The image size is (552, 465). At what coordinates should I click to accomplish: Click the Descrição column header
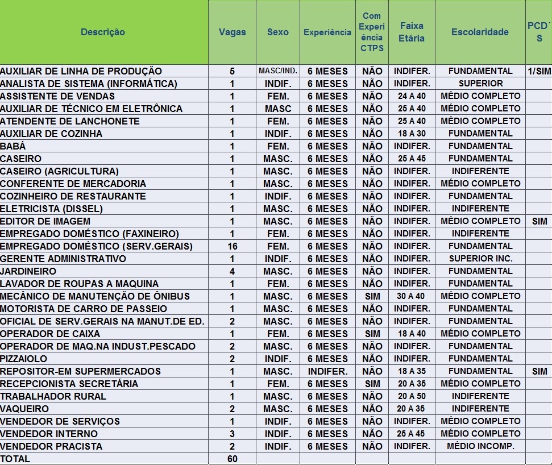coord(103,32)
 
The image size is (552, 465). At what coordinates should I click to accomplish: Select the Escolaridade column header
coord(480,32)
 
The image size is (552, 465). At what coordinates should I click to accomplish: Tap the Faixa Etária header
coord(412,32)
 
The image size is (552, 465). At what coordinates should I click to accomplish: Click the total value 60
coord(233,459)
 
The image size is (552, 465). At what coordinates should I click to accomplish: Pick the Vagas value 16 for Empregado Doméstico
coord(233,246)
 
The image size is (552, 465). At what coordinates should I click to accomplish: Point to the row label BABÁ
coord(13,146)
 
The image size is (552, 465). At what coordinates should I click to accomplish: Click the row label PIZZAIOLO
coord(23,359)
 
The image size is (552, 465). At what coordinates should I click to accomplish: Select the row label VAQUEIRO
coord(24,409)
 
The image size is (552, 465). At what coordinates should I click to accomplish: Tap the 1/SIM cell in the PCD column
coord(539,71)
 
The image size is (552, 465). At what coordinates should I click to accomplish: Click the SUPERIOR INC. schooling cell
coord(480,259)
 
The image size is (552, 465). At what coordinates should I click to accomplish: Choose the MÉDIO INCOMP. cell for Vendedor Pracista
coord(480,446)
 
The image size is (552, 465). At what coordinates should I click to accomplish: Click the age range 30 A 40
coord(411,296)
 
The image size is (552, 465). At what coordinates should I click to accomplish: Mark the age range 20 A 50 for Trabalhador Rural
coord(412,396)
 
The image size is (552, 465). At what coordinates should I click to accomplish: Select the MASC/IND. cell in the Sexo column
coord(278,70)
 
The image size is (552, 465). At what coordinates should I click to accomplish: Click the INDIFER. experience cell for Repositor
coord(328,371)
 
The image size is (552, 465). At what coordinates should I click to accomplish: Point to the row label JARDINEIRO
coord(28,271)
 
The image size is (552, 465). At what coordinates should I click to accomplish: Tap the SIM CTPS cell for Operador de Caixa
coord(372,334)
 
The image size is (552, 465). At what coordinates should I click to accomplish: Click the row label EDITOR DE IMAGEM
coord(45,221)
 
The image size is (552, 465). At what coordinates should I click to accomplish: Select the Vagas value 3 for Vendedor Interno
coord(233,434)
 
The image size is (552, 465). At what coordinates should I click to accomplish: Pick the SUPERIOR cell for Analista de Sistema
coord(480,84)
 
